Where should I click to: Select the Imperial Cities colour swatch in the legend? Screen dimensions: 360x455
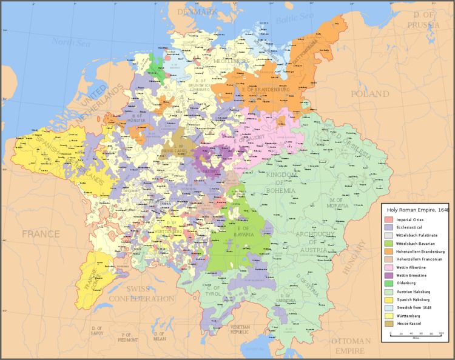[x=388, y=218]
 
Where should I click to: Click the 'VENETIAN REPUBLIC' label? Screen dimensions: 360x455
[x=240, y=330]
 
